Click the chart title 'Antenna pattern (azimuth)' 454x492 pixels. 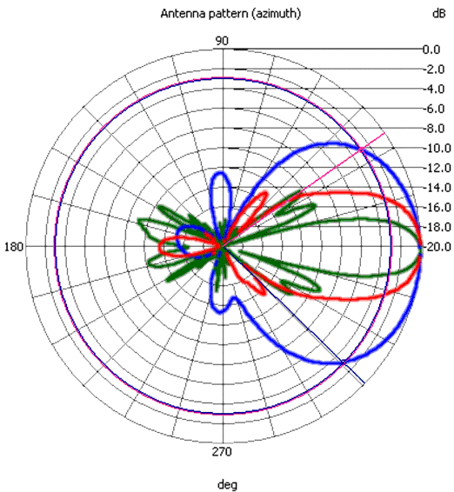(230, 14)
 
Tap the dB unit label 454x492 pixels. (438, 14)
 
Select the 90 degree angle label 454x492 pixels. (222, 41)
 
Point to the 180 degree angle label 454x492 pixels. (14, 247)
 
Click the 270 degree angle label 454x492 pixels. (222, 452)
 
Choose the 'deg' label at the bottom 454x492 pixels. (227, 485)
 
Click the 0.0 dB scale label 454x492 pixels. (431, 50)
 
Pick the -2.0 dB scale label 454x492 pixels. (434, 70)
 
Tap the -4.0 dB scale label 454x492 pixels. (434, 90)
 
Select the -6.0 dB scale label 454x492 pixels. (434, 109)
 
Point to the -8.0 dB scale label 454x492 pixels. (434, 129)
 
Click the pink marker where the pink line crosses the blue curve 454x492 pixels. (362, 149)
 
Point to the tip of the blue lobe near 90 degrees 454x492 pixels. (221, 172)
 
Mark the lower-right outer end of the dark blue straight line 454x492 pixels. (364, 383)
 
